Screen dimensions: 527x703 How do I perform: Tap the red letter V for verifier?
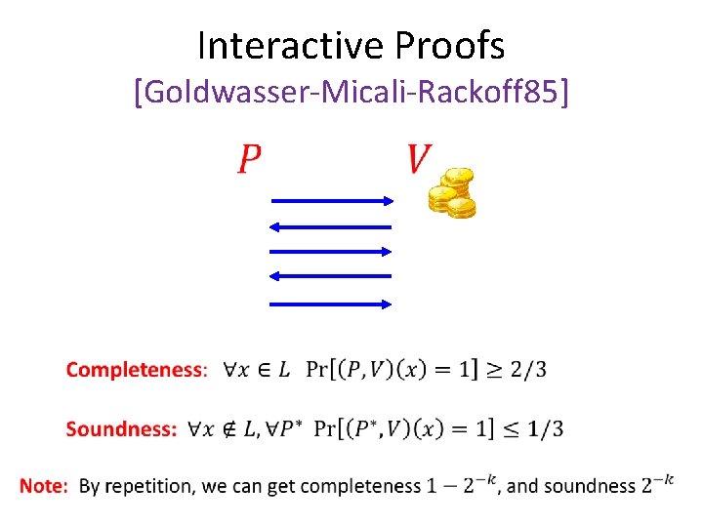[419, 159]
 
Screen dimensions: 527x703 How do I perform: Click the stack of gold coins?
[452, 193]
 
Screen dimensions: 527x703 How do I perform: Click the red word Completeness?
[136, 370]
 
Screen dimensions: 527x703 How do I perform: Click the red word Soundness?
[121, 428]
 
